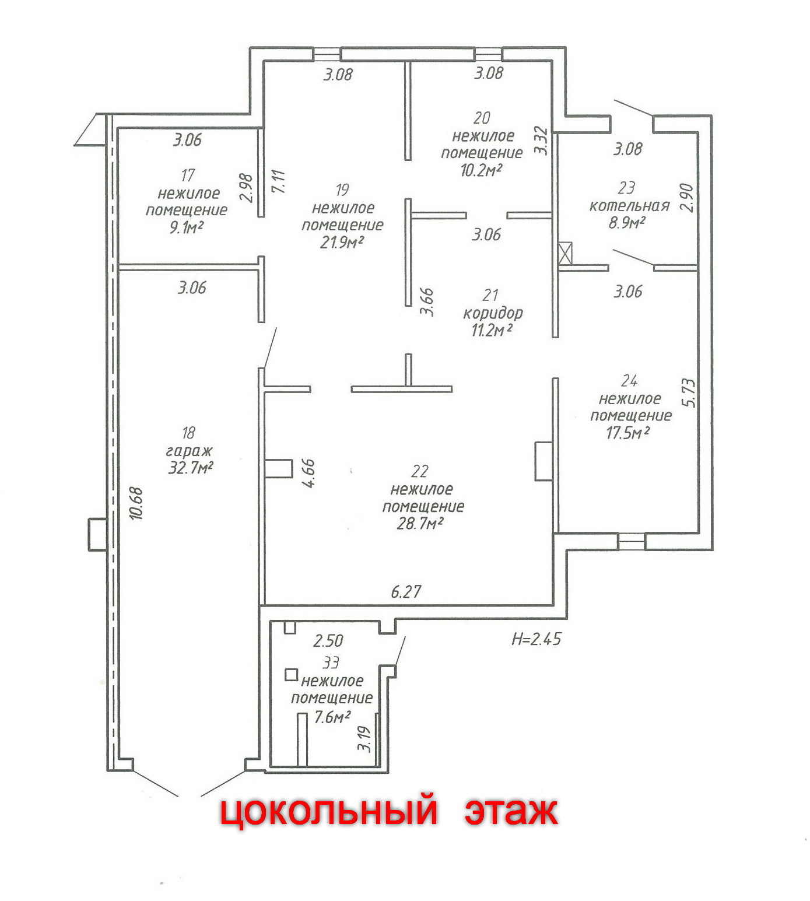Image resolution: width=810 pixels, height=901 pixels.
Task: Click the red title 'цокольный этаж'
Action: [x=388, y=811]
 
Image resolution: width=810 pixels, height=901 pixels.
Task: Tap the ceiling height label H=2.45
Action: [x=536, y=639]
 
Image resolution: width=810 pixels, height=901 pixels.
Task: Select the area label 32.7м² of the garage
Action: [x=190, y=468]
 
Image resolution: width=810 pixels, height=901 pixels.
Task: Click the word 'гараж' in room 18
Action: [x=190, y=451]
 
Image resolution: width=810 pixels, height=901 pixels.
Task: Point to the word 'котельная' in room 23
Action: [x=629, y=206]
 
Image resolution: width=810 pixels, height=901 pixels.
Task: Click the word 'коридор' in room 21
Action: [x=493, y=313]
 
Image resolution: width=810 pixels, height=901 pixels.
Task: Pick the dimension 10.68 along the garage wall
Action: [x=136, y=503]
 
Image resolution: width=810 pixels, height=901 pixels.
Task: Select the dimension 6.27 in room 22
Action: [x=406, y=592]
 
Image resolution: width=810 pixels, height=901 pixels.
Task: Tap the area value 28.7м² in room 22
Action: [x=420, y=524]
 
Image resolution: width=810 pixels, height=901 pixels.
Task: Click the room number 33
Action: [x=331, y=662]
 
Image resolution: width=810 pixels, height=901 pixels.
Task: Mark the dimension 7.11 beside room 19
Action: [x=279, y=181]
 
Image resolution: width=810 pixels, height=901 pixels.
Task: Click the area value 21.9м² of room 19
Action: [x=342, y=242]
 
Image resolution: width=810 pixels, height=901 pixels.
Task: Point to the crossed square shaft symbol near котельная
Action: [x=565, y=254]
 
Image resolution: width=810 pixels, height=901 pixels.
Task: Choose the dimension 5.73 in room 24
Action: [x=689, y=393]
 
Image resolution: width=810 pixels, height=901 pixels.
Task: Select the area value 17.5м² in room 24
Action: [x=628, y=433]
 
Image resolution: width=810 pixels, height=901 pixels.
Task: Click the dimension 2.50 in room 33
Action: [x=328, y=641]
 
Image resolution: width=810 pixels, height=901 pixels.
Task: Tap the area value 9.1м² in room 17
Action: [x=186, y=227]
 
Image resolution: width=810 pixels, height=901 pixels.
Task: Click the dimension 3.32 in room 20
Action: [x=541, y=141]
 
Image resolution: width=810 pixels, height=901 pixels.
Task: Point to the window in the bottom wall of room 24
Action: [x=631, y=541]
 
